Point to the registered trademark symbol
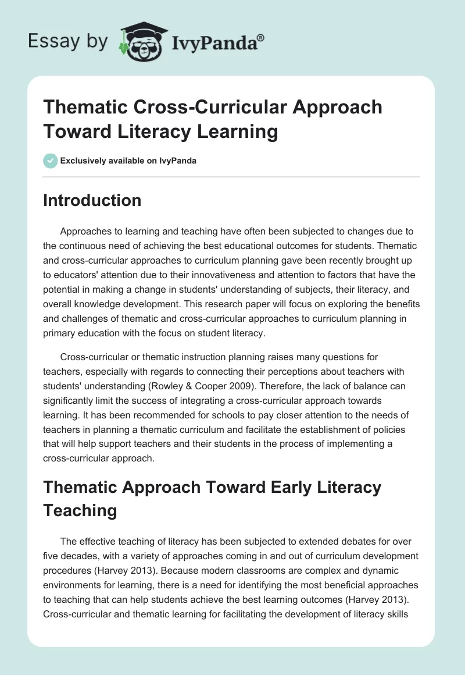[260, 37]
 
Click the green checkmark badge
[50, 161]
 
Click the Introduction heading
[92, 200]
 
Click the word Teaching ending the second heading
[80, 510]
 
